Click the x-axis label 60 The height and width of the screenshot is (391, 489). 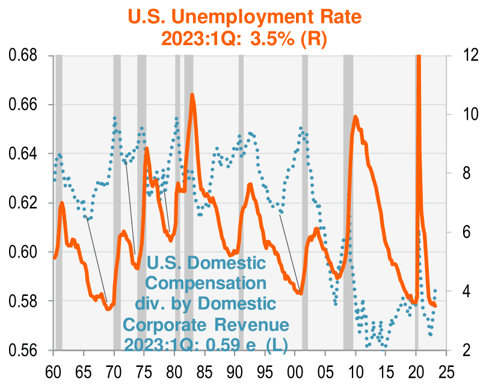tap(54, 369)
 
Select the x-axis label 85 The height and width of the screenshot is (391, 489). tap(205, 369)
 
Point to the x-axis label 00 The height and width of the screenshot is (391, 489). tap(295, 369)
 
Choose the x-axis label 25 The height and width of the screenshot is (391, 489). tap(446, 369)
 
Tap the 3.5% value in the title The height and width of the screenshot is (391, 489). tap(278, 38)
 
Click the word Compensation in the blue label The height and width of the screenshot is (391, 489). tap(206, 282)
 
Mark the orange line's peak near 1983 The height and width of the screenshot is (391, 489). tap(192, 94)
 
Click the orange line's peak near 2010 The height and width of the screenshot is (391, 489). tap(355, 117)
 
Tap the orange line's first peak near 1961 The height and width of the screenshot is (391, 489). tap(61, 203)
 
